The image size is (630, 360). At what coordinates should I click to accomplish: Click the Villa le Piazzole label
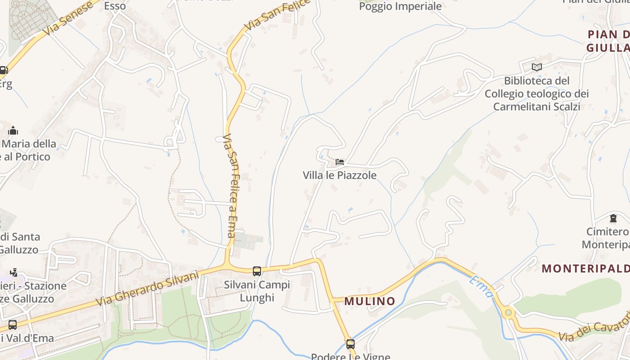click(x=339, y=175)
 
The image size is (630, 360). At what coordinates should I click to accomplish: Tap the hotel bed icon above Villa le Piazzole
click(x=340, y=162)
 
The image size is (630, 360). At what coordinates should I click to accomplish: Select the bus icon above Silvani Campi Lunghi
click(x=257, y=271)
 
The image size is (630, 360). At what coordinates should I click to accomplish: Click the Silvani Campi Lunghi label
click(x=257, y=291)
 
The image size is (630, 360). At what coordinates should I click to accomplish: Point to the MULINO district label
click(x=370, y=301)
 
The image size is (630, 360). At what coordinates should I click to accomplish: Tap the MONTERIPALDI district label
click(x=585, y=269)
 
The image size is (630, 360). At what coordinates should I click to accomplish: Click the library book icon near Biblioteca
click(x=536, y=67)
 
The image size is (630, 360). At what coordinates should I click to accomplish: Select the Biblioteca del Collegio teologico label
click(x=536, y=94)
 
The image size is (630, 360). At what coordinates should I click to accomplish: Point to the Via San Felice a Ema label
click(x=230, y=185)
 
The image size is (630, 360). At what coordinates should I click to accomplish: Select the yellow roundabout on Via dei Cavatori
click(x=508, y=312)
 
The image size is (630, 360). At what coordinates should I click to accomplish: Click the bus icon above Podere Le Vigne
click(x=350, y=344)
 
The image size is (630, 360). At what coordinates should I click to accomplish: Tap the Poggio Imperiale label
click(x=400, y=6)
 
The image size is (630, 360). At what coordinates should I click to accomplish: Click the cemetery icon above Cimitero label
click(x=612, y=219)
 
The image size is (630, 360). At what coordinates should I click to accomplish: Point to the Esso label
click(x=115, y=6)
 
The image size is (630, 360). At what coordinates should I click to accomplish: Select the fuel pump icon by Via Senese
click(x=3, y=70)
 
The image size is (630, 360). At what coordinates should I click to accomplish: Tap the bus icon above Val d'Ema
click(x=13, y=324)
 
